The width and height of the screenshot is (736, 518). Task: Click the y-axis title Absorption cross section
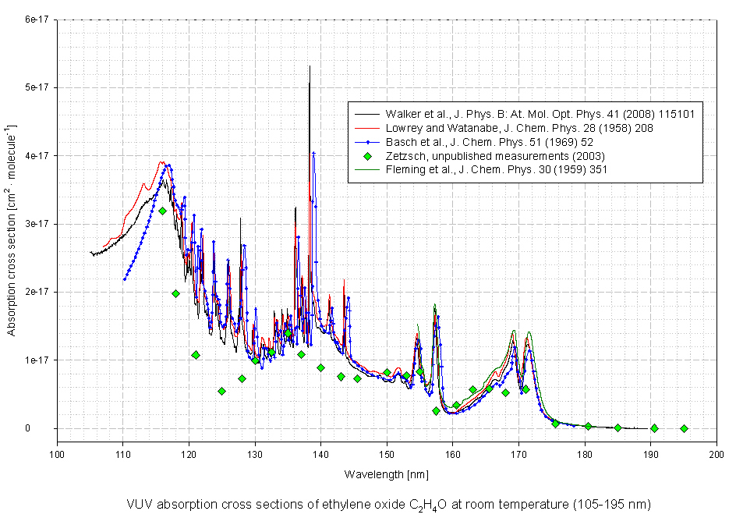pyautogui.click(x=12, y=257)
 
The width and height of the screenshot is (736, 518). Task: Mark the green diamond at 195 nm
pyautogui.click(x=684, y=428)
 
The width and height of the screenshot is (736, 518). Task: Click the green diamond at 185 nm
pyautogui.click(x=617, y=428)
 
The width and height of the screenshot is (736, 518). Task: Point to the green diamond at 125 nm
pyautogui.click(x=221, y=391)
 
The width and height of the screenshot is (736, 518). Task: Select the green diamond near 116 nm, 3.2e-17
pyautogui.click(x=162, y=211)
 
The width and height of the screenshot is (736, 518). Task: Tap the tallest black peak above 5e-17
pyautogui.click(x=310, y=67)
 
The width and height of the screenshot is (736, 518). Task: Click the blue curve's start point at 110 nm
pyautogui.click(x=124, y=279)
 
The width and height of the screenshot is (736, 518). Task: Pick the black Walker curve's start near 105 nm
pyautogui.click(x=91, y=253)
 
